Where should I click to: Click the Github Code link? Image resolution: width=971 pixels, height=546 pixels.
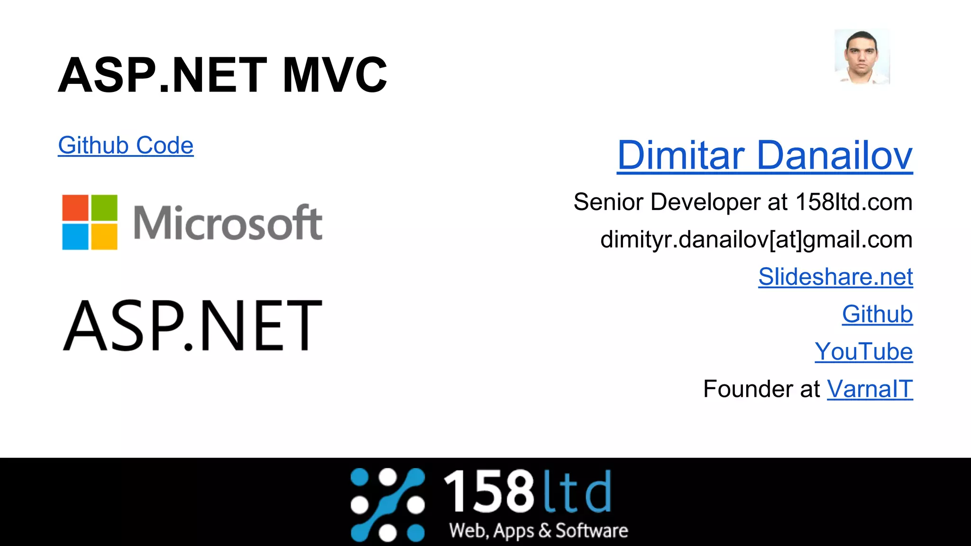[126, 146]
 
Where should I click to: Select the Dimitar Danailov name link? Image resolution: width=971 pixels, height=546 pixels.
[764, 155]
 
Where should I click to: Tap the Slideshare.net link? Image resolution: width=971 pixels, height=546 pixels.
[835, 277]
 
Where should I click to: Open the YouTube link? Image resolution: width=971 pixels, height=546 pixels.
[863, 352]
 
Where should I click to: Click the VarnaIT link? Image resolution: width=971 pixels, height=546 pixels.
[870, 389]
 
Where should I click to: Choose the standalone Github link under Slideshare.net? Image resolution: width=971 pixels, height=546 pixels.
[877, 314]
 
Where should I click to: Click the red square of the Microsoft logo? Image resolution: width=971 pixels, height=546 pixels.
[75, 208]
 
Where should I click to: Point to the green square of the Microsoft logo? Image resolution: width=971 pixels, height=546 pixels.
[104, 208]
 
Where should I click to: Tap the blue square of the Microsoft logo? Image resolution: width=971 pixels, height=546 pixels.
[75, 236]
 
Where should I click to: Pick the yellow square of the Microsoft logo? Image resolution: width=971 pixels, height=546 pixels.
[104, 236]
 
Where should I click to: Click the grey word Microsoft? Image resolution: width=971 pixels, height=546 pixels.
[228, 223]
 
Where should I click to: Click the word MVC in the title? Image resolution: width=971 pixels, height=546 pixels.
[335, 75]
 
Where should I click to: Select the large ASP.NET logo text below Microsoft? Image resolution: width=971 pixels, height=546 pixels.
[192, 326]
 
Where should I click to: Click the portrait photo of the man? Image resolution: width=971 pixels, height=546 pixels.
[862, 57]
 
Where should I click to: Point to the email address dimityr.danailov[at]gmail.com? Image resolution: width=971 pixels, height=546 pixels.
[756, 240]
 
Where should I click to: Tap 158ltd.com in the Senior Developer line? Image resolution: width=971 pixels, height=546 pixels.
[853, 202]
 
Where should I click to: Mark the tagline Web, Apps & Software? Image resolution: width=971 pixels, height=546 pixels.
[539, 531]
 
